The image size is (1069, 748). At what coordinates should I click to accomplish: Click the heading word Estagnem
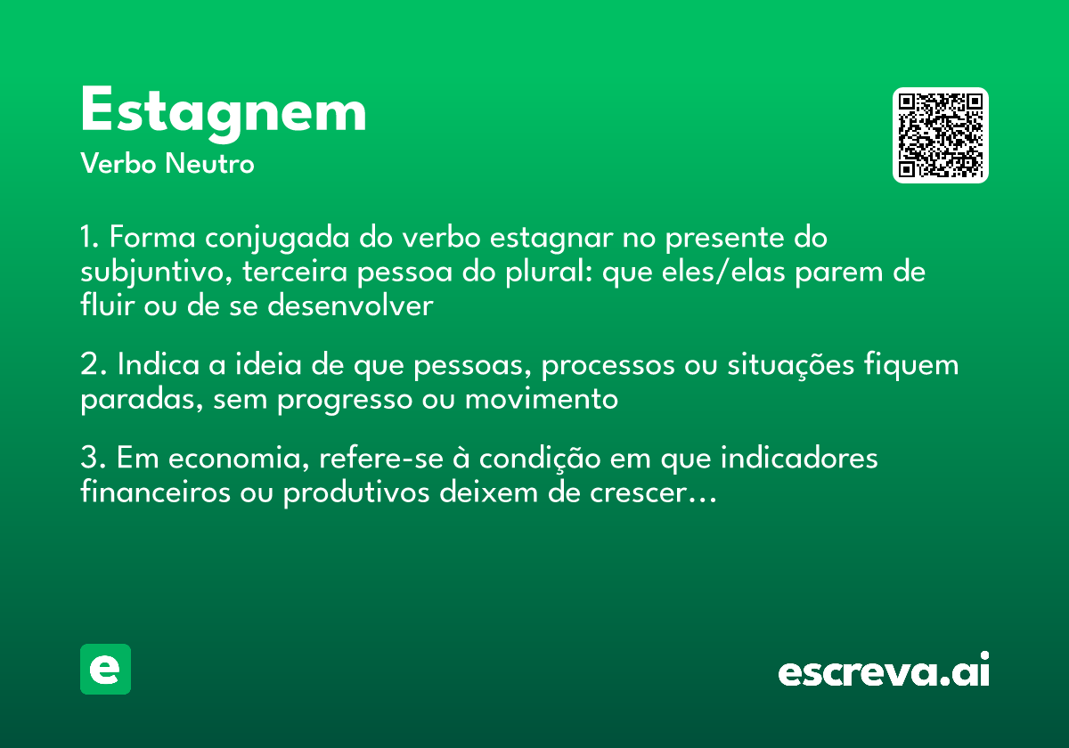pos(223,112)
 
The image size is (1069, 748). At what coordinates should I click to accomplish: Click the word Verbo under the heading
pos(118,165)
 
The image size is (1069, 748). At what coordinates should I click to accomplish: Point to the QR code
pos(941,135)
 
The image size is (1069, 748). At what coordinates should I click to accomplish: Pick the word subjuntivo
pos(147,272)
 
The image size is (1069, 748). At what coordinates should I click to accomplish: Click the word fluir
pos(100,305)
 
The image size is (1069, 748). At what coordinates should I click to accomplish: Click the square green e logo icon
pos(105,669)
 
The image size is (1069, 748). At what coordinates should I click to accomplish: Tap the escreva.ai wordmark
pos(884,671)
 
